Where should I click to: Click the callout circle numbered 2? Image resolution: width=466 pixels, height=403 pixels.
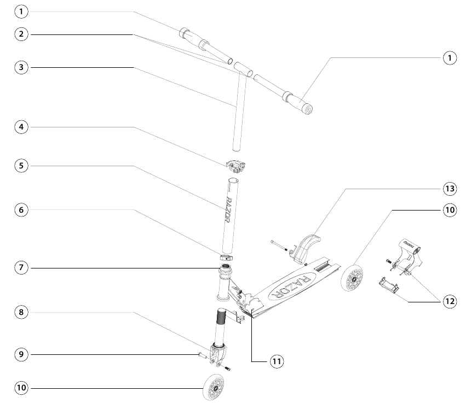point(21,34)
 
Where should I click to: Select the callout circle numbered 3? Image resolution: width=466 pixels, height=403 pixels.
point(21,67)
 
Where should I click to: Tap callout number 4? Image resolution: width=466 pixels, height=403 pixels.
point(21,127)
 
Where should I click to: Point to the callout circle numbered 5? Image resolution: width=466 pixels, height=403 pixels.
point(21,166)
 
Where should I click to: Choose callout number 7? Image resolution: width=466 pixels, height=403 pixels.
point(21,268)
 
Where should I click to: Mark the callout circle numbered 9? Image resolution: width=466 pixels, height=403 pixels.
point(21,355)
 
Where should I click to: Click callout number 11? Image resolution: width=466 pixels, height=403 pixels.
point(277,361)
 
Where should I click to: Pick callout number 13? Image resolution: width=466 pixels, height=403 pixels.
point(448,189)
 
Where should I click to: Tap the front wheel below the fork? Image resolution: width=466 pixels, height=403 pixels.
point(214,388)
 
